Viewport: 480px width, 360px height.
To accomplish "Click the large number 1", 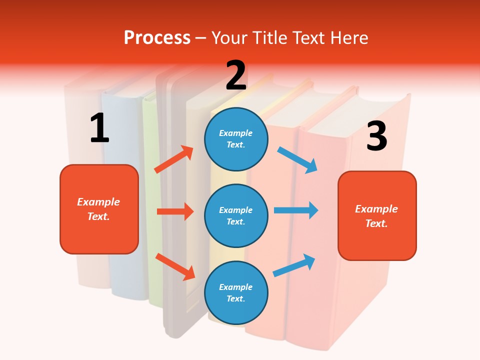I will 99,128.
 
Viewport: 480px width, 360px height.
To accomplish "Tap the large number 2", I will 236,75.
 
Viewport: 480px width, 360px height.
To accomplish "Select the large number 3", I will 376,136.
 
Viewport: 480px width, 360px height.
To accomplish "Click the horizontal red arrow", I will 175,211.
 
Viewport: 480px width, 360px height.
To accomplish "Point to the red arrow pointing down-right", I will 175,266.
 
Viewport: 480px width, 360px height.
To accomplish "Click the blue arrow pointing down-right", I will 297,159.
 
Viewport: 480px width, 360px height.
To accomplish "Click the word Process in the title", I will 157,37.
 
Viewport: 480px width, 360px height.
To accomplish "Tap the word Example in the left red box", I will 98,202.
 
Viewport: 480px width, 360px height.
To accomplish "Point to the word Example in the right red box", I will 376,209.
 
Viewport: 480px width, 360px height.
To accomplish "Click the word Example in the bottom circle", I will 236,287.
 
